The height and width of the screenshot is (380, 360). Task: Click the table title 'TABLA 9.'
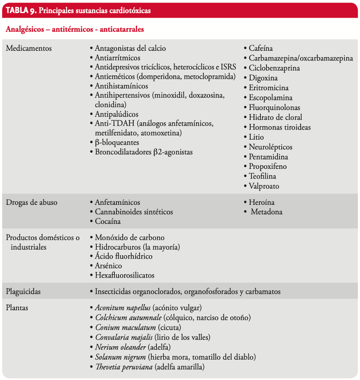click(x=21, y=11)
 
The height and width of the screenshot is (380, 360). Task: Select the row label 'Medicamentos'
click(x=29, y=48)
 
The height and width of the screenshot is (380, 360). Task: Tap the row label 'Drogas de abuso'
click(x=31, y=202)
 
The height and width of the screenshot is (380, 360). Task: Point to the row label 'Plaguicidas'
click(x=23, y=292)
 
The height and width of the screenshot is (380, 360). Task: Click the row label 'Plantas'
click(x=17, y=308)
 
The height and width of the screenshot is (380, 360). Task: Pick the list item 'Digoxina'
click(x=263, y=78)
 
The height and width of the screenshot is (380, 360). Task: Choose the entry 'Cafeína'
click(x=260, y=48)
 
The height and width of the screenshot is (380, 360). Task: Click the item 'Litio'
click(x=256, y=137)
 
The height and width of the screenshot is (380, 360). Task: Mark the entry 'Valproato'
click(x=264, y=186)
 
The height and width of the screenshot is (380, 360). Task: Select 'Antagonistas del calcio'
click(x=130, y=48)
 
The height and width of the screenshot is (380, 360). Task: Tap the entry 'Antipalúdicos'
click(x=116, y=114)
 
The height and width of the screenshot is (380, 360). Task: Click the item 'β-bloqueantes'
click(x=117, y=143)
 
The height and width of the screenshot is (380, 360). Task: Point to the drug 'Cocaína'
click(x=108, y=221)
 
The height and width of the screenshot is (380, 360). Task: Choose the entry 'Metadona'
click(x=266, y=212)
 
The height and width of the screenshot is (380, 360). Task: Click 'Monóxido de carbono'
click(x=130, y=238)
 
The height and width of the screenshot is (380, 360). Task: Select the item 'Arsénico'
click(x=108, y=266)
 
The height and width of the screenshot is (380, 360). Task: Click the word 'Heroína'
click(x=262, y=202)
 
